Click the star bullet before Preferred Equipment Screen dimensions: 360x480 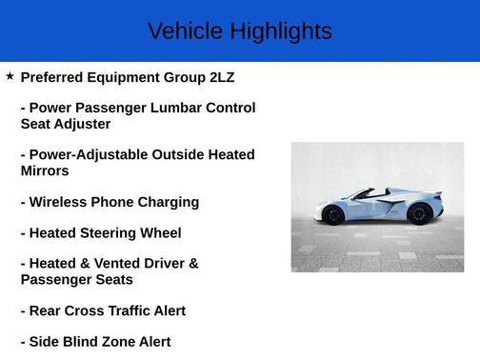click(10, 75)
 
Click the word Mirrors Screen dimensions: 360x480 click(45, 171)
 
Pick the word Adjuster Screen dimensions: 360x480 click(83, 124)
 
